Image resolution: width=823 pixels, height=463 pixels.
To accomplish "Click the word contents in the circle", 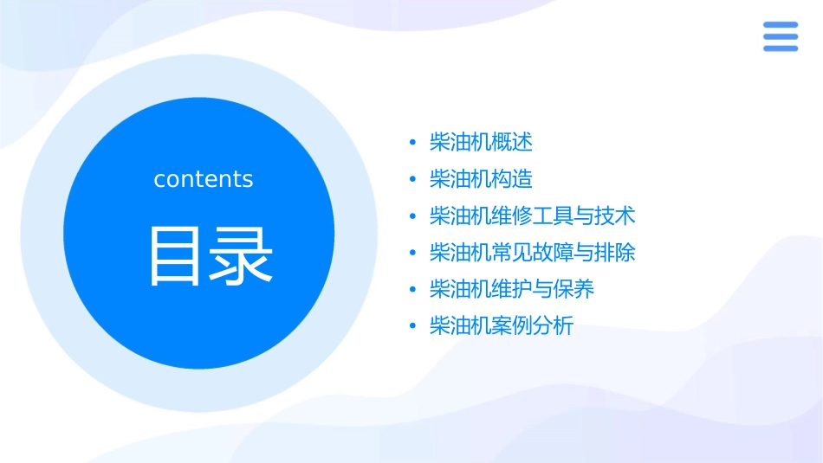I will click(x=203, y=179).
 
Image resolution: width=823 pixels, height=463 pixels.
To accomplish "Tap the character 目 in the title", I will click(x=172, y=256).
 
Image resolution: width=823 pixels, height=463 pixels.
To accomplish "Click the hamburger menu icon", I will click(x=781, y=36).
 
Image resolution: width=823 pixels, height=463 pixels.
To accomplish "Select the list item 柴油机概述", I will click(x=481, y=142).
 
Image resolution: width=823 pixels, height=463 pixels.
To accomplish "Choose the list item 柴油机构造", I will click(x=481, y=179).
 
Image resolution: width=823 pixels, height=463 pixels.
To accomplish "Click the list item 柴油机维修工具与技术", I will click(x=533, y=215).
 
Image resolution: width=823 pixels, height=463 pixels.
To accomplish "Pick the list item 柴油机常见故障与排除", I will click(x=533, y=253).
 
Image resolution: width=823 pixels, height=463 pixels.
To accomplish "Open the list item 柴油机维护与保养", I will click(x=512, y=289).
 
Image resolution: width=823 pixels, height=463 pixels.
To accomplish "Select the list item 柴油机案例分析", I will click(x=502, y=326).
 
